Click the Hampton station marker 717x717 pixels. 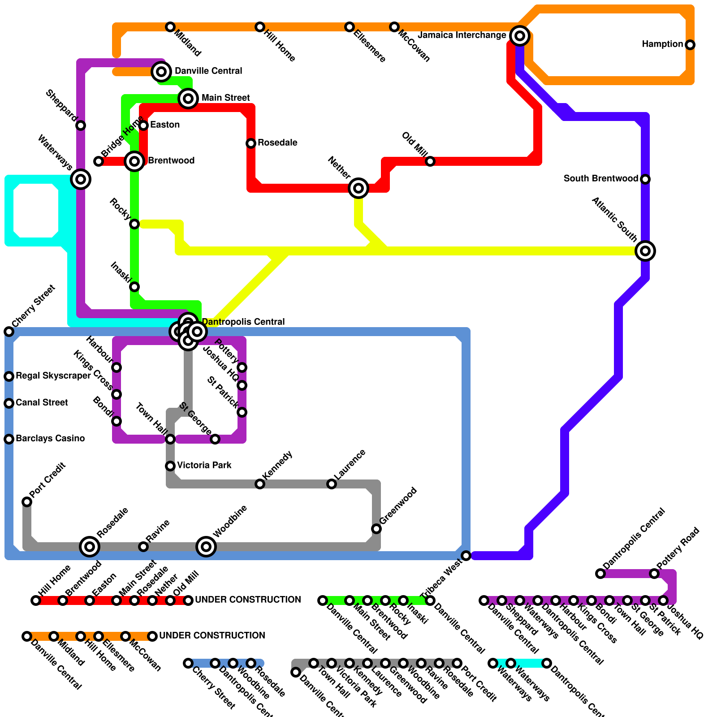tap(690, 45)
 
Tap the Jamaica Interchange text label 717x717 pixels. tap(462, 35)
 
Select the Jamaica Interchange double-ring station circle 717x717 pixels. tap(520, 35)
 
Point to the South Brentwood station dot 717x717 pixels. tap(645, 179)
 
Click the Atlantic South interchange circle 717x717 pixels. tap(645, 251)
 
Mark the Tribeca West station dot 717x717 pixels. tap(466, 556)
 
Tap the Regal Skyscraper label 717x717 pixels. tap(53, 376)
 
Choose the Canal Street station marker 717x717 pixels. tap(9, 403)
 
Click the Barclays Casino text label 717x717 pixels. tap(50, 439)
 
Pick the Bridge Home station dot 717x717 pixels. tap(99, 161)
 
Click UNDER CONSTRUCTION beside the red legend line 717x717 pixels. tap(248, 600)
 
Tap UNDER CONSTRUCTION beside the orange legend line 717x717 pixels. tap(212, 636)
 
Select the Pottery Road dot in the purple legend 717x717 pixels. tap(654, 574)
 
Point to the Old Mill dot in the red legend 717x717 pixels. tap(170, 600)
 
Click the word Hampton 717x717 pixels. tap(662, 44)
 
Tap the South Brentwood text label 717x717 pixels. tap(600, 179)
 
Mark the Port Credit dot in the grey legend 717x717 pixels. tap(457, 663)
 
